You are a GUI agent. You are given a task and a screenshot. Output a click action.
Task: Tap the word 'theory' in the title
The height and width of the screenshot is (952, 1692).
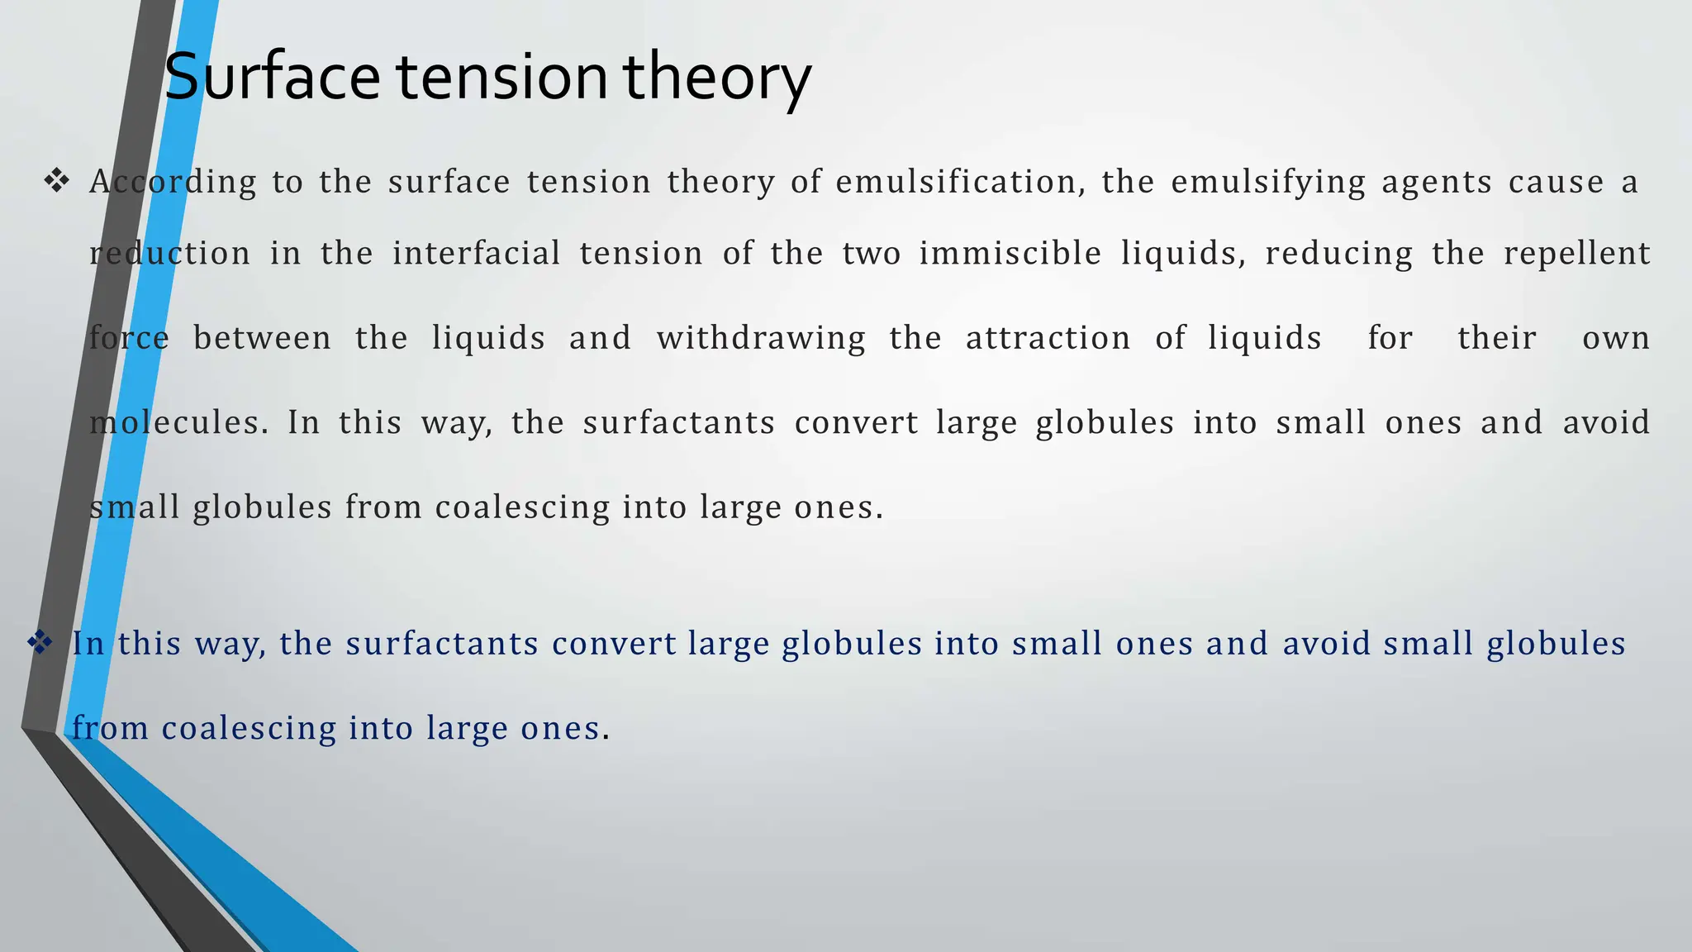[716, 76]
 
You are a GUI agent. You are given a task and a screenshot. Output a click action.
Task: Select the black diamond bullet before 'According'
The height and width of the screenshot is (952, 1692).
[56, 181]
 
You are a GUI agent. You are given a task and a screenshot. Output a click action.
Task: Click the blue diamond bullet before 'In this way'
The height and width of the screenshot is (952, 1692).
[40, 642]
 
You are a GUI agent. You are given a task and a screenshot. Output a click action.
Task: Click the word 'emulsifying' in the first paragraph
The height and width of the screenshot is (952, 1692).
[1268, 182]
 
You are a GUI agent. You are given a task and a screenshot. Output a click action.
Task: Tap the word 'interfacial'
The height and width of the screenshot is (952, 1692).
[477, 253]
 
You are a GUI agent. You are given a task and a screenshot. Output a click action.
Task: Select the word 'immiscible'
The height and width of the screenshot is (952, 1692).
[1010, 253]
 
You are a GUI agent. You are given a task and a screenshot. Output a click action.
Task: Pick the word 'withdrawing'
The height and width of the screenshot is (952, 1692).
[761, 338]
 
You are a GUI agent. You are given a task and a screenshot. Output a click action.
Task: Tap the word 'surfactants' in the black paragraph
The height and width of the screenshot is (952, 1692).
[678, 422]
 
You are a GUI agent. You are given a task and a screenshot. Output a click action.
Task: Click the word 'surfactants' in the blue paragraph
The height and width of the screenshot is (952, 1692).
[442, 643]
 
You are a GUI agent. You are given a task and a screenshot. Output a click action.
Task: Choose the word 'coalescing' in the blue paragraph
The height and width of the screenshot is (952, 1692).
[249, 728]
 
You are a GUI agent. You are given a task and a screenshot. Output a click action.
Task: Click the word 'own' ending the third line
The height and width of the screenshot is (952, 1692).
[1615, 338]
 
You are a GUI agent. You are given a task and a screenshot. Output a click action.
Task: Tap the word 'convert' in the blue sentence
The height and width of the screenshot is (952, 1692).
[614, 643]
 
